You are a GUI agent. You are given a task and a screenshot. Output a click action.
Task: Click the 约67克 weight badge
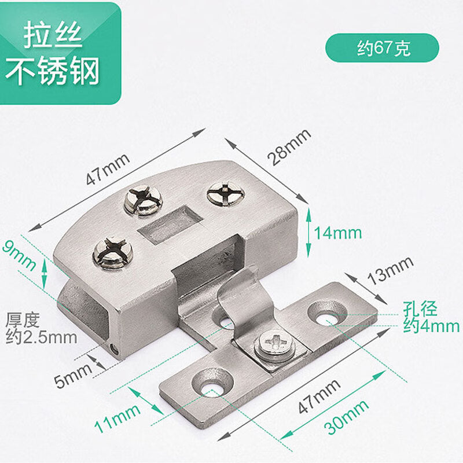pyautogui.click(x=383, y=48)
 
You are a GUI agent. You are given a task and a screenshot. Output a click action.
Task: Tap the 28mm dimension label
pyautogui.click(x=288, y=148)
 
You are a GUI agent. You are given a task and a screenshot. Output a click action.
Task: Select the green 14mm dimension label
pyautogui.click(x=337, y=233)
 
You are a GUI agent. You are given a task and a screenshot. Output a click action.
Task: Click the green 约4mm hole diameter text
pyautogui.click(x=431, y=326)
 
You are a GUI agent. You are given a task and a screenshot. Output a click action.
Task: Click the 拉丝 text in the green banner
pyautogui.click(x=53, y=36)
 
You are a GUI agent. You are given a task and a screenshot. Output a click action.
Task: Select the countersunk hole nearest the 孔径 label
pyautogui.click(x=327, y=313)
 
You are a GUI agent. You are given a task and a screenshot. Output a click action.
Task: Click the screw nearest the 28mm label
pyautogui.click(x=225, y=192)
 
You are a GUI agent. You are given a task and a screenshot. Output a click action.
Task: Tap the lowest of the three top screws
pyautogui.click(x=112, y=255)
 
